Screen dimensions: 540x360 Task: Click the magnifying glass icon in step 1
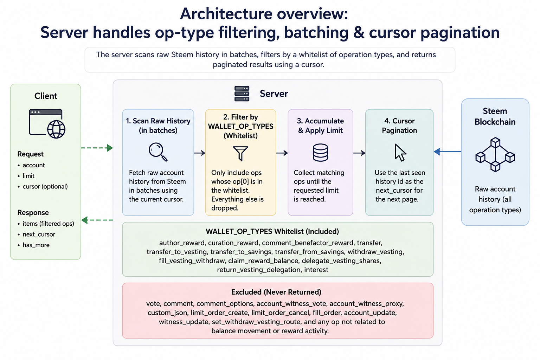(158, 152)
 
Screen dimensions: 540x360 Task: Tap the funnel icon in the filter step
(240, 153)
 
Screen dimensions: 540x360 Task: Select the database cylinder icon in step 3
(320, 152)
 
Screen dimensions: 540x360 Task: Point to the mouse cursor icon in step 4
(400, 153)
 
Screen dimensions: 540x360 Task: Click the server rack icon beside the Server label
(242, 94)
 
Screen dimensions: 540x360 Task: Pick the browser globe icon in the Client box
(47, 123)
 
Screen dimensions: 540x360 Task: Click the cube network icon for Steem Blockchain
(495, 154)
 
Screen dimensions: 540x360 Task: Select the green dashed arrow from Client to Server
(97, 148)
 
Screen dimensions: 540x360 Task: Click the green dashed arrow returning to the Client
(97, 220)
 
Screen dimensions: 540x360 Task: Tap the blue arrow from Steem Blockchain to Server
(448, 152)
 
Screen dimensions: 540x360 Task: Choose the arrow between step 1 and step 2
(200, 153)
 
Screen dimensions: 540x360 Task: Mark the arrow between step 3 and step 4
(359, 153)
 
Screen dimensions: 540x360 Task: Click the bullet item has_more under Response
(36, 245)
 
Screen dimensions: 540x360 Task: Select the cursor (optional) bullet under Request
(45, 186)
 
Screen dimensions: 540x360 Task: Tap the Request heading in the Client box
(30, 154)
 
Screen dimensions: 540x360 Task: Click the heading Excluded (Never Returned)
(276, 292)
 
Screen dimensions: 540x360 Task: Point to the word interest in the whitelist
(316, 270)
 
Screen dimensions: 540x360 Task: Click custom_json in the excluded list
(167, 313)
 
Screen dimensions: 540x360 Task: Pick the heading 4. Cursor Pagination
(399, 126)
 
